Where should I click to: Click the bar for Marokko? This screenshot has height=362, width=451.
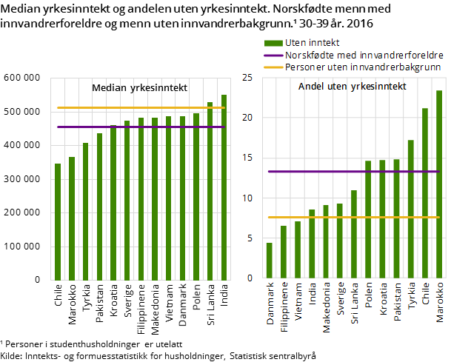click(x=438, y=184)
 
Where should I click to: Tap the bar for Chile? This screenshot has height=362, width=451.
click(x=424, y=193)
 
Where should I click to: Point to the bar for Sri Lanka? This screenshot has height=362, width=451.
click(x=354, y=234)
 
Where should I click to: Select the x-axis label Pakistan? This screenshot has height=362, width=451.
click(x=397, y=301)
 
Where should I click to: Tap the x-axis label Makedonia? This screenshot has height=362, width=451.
click(x=327, y=304)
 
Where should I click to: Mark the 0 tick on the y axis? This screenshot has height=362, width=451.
click(x=250, y=278)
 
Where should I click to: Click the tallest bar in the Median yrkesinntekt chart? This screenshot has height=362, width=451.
click(x=224, y=187)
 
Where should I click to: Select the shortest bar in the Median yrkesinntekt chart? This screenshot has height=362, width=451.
click(x=58, y=222)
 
